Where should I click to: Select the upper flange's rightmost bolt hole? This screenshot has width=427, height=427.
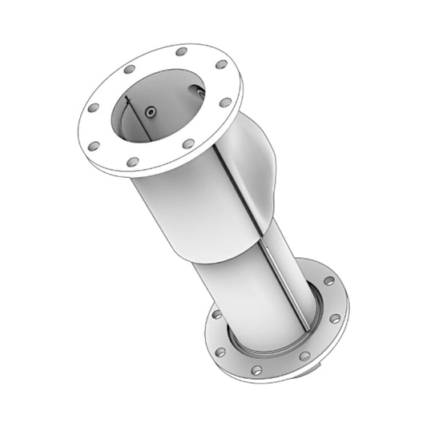(226, 103)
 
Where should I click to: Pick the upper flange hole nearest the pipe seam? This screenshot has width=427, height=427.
(188, 144)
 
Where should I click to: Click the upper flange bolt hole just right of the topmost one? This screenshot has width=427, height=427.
(221, 64)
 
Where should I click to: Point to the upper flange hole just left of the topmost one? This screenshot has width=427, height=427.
(128, 70)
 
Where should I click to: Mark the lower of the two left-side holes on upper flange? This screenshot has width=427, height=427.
(94, 146)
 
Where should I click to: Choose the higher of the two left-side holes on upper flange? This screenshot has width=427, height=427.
(94, 107)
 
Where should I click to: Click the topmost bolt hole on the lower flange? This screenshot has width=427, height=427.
(329, 281)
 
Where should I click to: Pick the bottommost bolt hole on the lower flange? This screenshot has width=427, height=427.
(256, 371)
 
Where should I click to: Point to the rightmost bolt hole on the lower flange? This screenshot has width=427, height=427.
(335, 319)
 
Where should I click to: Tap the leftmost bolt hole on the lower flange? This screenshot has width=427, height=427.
(216, 316)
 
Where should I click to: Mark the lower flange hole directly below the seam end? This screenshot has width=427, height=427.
(305, 356)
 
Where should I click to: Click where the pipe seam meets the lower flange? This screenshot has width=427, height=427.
(306, 328)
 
